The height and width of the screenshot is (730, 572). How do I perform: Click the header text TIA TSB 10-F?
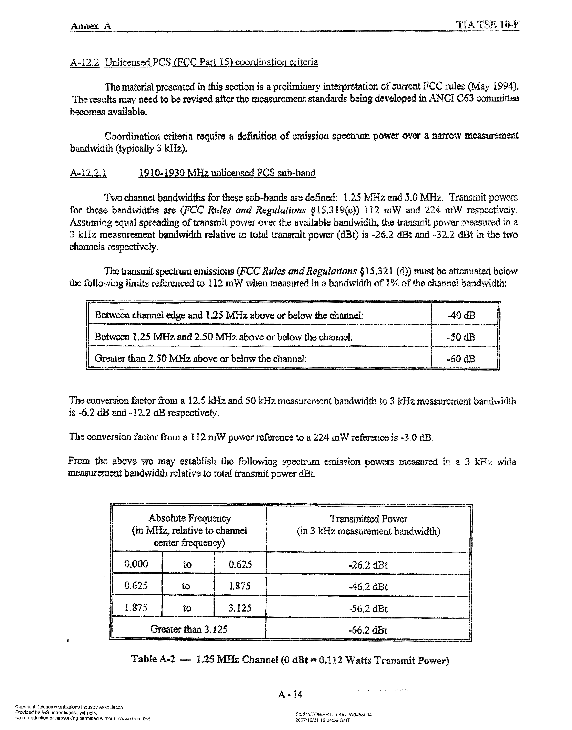(488, 25)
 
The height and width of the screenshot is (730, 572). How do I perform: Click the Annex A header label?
(91, 26)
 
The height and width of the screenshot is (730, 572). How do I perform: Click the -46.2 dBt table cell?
(368, 587)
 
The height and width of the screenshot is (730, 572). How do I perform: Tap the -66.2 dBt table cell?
(368, 630)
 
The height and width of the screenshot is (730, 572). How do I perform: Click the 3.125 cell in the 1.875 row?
(240, 608)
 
